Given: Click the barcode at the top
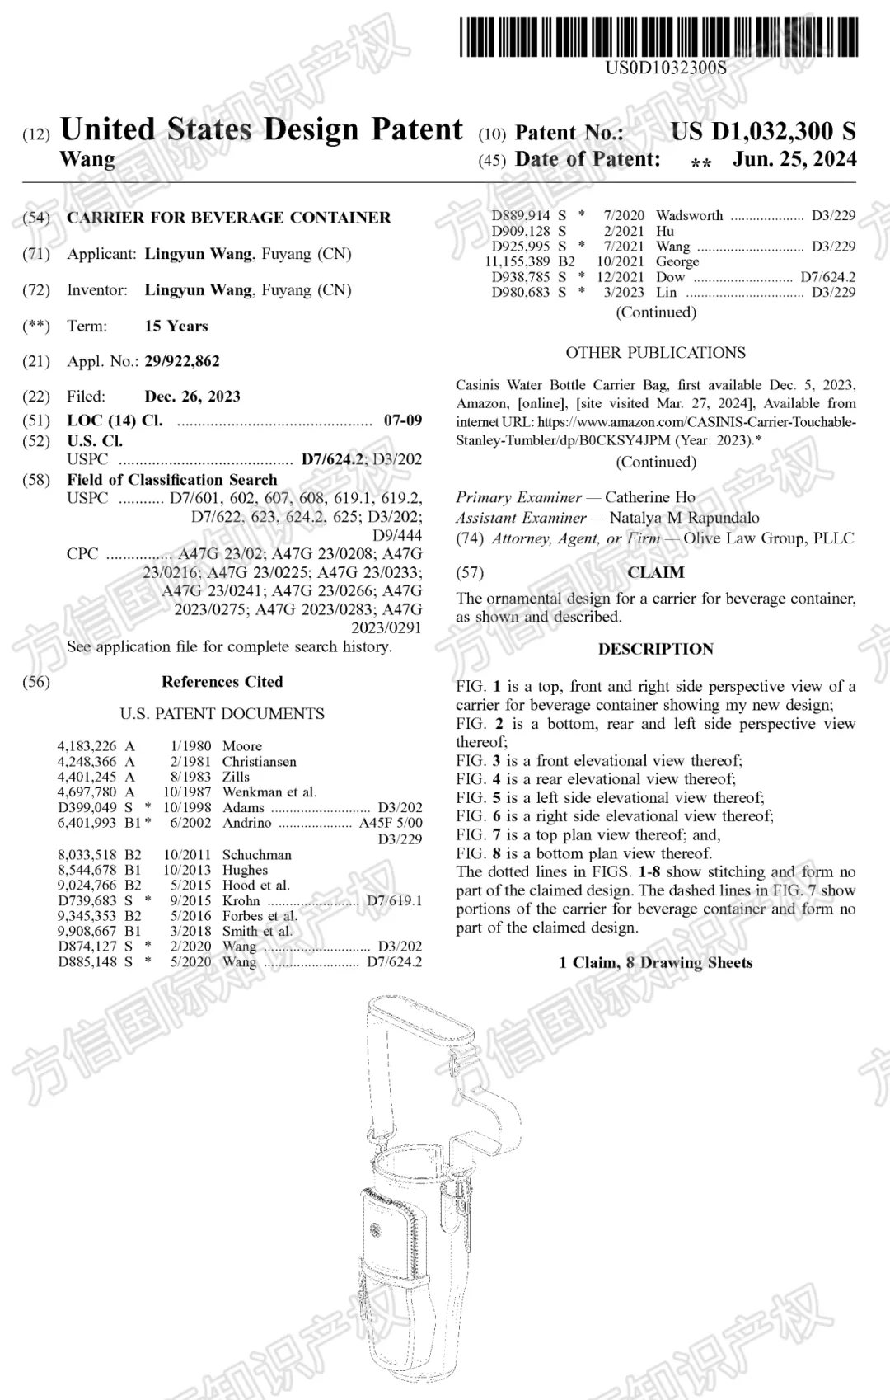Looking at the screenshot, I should click(658, 37).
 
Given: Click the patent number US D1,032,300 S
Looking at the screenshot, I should click(762, 131).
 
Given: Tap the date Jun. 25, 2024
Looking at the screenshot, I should click(794, 159).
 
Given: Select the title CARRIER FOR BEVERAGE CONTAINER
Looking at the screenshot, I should click(228, 218).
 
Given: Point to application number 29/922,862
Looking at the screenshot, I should click(182, 361).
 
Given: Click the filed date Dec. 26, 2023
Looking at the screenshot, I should click(192, 397).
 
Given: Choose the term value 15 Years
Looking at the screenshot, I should click(176, 326).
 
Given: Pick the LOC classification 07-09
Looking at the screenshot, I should click(402, 420).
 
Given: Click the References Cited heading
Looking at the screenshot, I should click(222, 682).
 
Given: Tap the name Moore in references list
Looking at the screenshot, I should click(241, 746).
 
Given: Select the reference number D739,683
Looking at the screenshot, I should click(87, 901).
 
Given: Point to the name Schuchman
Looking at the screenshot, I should click(256, 855).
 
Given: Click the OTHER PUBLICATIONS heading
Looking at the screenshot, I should click(655, 353).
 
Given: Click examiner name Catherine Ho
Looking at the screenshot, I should click(649, 497).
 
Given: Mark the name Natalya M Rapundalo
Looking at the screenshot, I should click(684, 518).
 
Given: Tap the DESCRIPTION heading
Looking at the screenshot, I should click(655, 649).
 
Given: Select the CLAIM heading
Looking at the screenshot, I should click(655, 572).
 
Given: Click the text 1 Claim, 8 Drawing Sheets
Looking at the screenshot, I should click(655, 962).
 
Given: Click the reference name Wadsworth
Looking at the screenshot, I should click(689, 216).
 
